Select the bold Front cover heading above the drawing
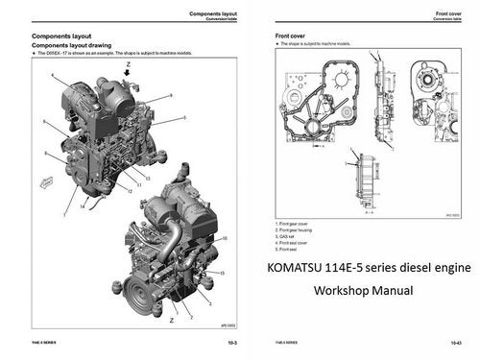point(292,36)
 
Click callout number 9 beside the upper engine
point(170,95)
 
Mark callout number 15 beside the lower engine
point(223,273)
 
